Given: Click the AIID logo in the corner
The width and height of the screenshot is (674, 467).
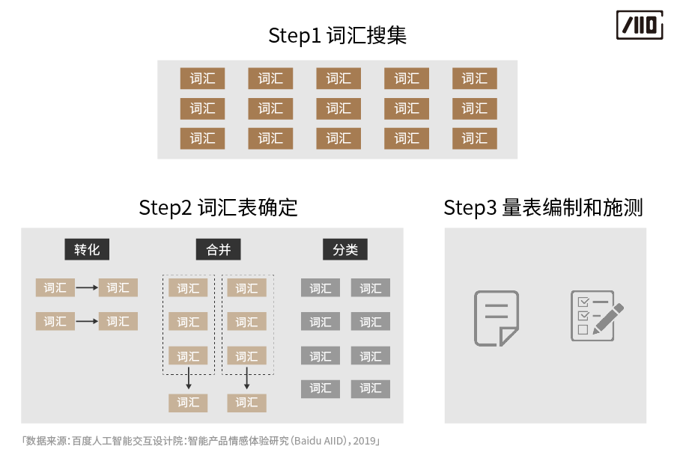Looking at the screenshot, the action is pos(640,25).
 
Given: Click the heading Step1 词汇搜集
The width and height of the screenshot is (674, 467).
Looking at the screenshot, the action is pos(338,35).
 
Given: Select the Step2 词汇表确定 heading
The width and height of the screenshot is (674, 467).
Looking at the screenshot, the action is pos(218,207).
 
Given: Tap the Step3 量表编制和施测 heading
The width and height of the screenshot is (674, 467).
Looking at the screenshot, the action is pos(544,207).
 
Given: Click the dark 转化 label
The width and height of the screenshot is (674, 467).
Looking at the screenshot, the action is pos(87,250).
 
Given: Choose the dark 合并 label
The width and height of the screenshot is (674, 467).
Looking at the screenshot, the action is pos(219,250).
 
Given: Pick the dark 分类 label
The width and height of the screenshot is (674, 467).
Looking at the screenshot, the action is pos(345,250).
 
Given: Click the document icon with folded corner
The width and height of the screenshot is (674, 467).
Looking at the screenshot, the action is pos(497,318).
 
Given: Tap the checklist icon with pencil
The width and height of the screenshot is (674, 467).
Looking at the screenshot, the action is pos(597,316).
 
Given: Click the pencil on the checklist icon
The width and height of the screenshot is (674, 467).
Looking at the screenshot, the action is pos(609,318).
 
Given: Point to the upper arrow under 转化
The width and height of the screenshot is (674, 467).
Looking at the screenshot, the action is pos(87,287).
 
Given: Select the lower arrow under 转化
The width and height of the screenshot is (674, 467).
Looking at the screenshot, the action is pos(87,321).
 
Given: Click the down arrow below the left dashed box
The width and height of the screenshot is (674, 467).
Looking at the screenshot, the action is pos(188,378).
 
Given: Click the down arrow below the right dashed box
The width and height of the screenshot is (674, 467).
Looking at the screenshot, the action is pos(246,378).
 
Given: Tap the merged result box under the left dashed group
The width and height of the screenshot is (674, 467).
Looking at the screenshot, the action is pos(188,403).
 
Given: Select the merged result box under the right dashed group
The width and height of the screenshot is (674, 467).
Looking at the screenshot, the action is pos(246,403).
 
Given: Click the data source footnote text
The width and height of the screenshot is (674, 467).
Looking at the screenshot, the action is pos(201,441).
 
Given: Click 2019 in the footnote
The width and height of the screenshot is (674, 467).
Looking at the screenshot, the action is pos(364,441).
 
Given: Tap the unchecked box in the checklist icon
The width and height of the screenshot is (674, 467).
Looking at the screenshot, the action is pos(583,329).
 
